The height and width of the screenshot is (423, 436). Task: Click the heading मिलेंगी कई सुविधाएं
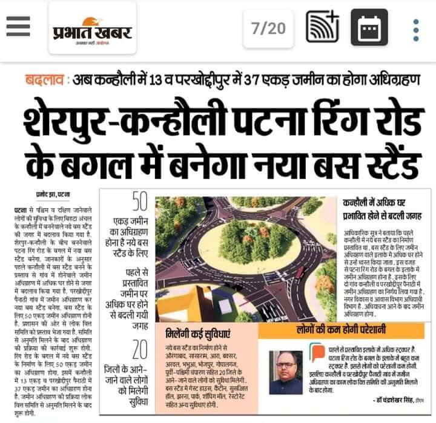click(197, 333)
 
